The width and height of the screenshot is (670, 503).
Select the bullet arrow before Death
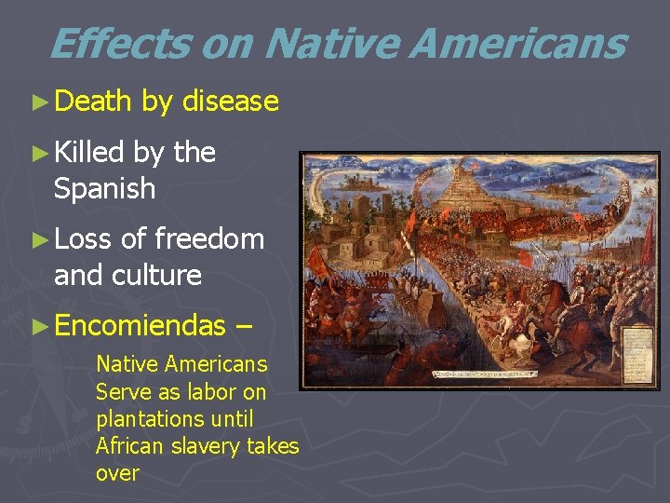[x=39, y=102]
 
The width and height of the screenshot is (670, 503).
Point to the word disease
[x=231, y=102]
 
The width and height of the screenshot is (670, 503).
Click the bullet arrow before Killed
[x=39, y=153]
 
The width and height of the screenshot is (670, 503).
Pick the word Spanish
[x=104, y=189]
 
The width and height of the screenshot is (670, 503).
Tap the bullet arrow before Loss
[x=39, y=239]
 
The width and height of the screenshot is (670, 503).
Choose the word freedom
[x=209, y=239]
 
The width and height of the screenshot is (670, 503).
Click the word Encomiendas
[x=140, y=325]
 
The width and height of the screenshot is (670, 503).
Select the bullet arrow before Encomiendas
[x=39, y=326]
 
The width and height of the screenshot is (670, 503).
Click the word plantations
[x=143, y=419]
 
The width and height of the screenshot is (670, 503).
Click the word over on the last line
[x=117, y=473]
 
